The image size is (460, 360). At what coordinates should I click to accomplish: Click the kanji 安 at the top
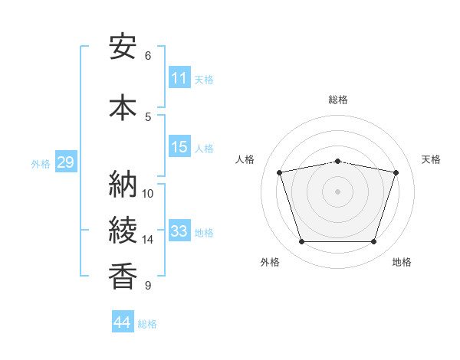[123, 47]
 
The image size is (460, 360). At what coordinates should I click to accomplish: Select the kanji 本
[123, 107]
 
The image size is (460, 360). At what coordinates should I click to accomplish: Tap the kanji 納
[123, 184]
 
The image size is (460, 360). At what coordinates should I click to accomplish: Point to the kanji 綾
[123, 230]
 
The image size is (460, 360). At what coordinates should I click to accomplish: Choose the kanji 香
[123, 276]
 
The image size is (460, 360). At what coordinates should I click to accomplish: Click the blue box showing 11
[179, 77]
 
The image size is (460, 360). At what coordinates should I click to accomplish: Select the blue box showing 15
[179, 146]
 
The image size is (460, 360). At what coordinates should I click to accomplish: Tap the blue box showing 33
[179, 230]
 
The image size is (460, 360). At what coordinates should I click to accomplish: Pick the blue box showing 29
[66, 162]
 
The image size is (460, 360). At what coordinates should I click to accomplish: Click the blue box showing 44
[123, 321]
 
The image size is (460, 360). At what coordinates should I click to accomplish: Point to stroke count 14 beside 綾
[147, 240]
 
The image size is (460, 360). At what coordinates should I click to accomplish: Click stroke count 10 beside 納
[147, 194]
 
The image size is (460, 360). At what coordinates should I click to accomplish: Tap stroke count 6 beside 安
[148, 56]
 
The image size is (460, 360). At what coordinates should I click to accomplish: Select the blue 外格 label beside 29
[41, 164]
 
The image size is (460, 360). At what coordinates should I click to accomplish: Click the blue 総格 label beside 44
[147, 324]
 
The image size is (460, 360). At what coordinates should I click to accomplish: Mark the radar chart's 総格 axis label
[338, 100]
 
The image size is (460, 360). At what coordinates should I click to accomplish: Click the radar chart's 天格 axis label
[431, 159]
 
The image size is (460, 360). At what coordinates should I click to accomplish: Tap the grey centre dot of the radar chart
[337, 191]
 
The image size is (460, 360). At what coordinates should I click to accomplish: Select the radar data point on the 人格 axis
[279, 172]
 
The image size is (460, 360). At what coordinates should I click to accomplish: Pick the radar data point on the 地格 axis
[374, 241]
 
